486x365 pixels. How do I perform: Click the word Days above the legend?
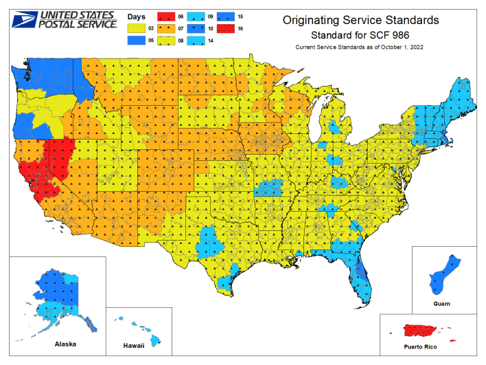pyautogui.click(x=138, y=15)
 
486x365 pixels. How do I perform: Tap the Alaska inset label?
pyautogui.click(x=64, y=343)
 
